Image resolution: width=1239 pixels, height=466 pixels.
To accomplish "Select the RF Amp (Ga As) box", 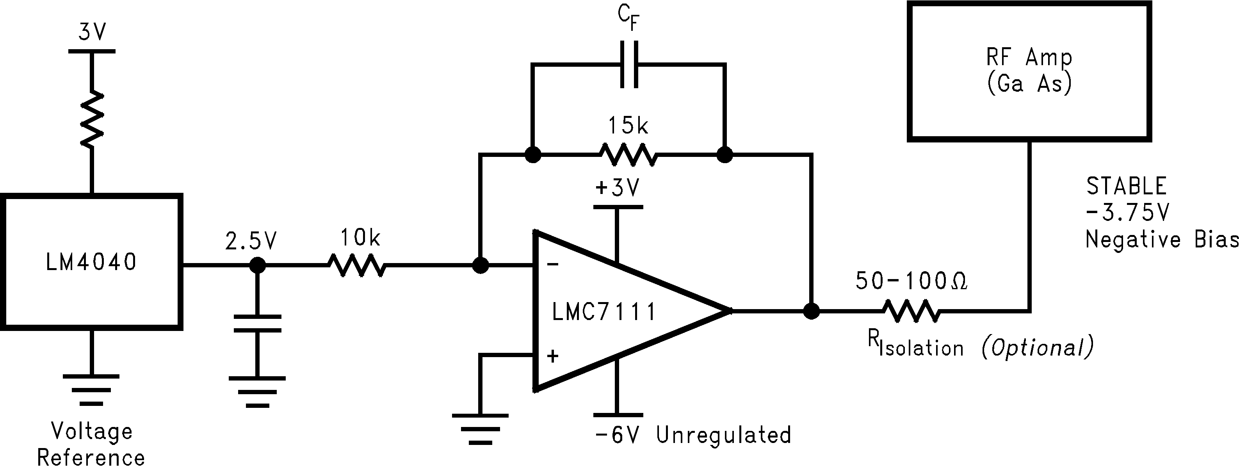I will point(1029,71).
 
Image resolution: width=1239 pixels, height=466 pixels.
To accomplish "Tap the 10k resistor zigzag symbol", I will point(356,265).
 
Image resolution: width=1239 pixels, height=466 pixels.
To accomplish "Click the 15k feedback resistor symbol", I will point(628,155).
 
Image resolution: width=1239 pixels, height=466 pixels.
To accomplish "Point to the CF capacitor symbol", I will point(629,64).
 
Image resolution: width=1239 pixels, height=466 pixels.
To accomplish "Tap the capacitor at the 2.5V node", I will point(257,324).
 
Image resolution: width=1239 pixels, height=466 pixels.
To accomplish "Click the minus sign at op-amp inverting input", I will point(553,263).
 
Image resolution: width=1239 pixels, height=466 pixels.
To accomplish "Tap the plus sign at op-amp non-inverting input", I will point(553,356).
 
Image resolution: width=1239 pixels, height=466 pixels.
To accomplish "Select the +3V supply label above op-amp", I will point(618,188).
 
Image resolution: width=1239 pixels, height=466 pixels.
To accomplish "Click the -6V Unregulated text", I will point(692,435).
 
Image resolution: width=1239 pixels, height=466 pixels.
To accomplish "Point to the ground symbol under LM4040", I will point(91,390).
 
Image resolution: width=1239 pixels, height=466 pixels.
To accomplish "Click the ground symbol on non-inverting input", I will point(479,428).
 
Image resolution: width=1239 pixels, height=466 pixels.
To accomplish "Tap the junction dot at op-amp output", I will point(812,311).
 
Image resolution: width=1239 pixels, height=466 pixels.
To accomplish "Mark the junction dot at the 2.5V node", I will point(257,265).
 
